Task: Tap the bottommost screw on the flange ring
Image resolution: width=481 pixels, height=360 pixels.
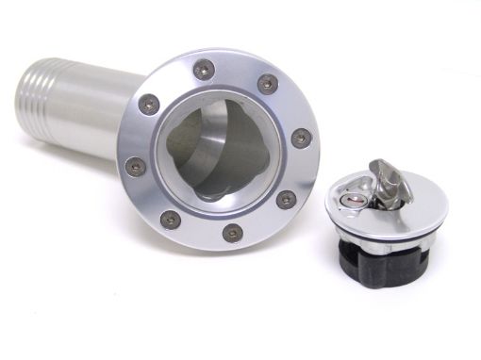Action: click(232, 232)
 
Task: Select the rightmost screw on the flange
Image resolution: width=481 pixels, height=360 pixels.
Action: click(300, 138)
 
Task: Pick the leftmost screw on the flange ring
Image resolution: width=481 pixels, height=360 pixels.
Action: click(136, 166)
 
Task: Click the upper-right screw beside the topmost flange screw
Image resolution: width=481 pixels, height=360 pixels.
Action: click(267, 83)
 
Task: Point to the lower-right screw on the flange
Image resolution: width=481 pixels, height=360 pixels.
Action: click(285, 200)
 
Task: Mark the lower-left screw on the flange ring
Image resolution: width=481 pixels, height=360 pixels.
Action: click(170, 220)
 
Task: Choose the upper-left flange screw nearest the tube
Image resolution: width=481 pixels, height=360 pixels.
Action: click(149, 104)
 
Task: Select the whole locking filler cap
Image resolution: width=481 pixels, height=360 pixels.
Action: click(382, 221)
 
